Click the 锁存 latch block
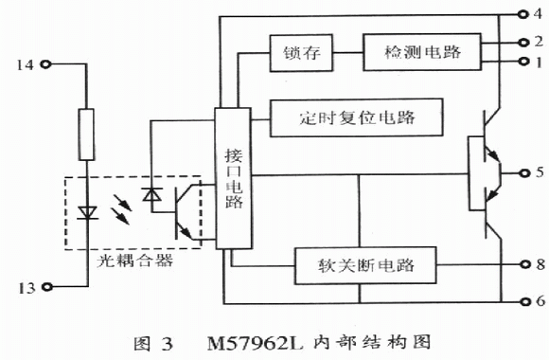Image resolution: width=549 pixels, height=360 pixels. click(301, 53)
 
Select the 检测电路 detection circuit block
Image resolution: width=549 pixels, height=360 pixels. click(422, 52)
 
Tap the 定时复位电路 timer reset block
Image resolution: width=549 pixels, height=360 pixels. click(357, 117)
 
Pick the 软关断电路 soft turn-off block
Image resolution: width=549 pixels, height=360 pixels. click(365, 265)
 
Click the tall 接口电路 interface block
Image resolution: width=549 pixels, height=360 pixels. click(233, 178)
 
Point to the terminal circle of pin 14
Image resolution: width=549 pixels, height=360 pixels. click(45, 64)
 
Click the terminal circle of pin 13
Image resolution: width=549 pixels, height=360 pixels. click(47, 287)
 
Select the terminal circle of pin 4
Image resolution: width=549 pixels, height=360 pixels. click(523, 14)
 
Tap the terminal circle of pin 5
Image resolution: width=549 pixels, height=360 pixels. click(524, 172)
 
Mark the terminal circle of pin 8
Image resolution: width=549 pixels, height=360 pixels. click(524, 264)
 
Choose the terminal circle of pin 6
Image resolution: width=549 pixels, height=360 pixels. click(524, 301)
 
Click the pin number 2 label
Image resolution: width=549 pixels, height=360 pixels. click(539, 42)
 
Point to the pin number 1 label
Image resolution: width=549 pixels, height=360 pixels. click(539, 63)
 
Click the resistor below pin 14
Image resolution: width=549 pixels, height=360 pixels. click(86, 135)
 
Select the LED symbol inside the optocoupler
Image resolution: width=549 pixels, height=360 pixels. click(87, 213)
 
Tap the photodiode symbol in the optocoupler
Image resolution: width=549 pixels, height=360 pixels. click(152, 195)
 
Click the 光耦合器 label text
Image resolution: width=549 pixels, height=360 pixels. click(134, 261)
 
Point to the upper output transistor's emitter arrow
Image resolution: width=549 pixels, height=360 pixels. click(494, 155)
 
